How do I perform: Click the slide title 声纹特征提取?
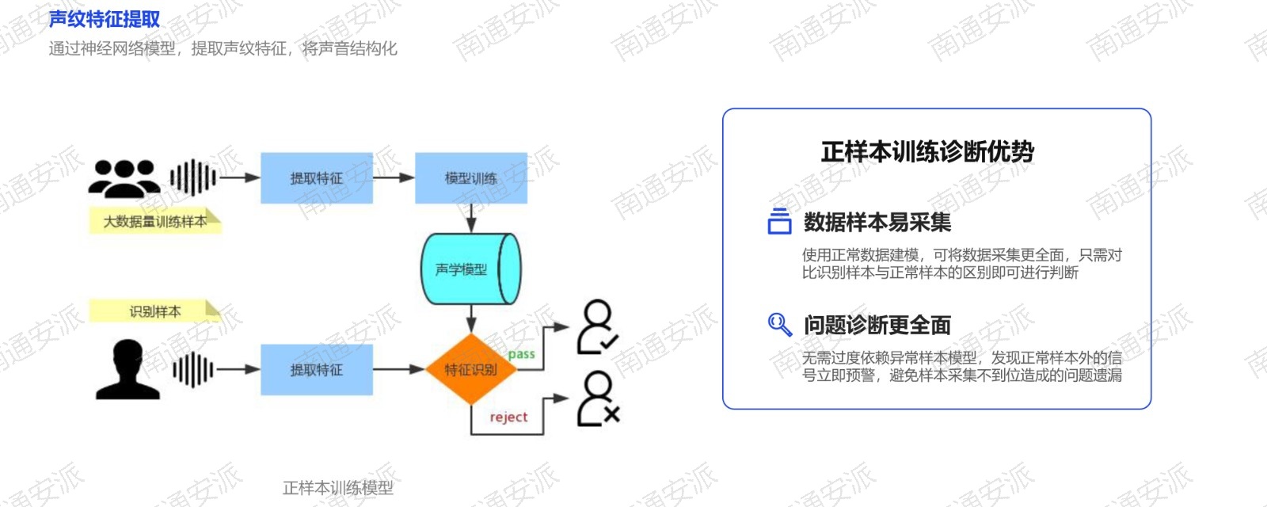pos(105,19)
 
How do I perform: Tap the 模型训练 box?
pos(471,178)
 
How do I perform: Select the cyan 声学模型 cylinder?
pos(471,269)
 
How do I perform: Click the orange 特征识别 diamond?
pos(470,369)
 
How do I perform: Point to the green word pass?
pos(522,354)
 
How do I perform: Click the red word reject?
pos(508,417)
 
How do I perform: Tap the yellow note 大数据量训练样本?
pos(155,221)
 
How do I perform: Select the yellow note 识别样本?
pos(155,311)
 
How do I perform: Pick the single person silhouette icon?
pos(127,369)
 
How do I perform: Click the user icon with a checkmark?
pos(597,328)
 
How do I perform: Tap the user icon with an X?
pos(599,399)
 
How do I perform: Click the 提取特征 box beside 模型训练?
pos(317,178)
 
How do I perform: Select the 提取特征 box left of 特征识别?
pos(317,369)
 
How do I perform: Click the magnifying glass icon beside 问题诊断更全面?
pos(780,325)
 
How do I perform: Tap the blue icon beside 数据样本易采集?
pos(779,221)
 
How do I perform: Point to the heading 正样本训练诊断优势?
pos(927,151)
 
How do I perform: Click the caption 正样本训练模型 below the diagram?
pos(337,487)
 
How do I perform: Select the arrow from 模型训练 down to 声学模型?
pos(471,219)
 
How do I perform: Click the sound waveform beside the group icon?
pos(193,177)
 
